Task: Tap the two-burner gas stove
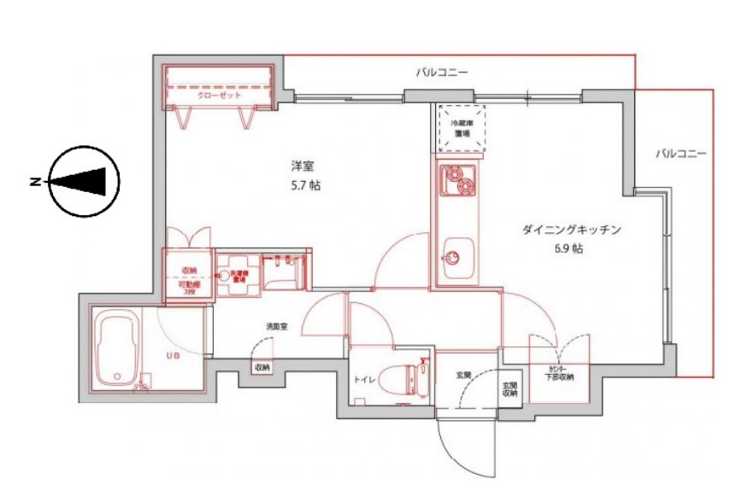tap(457, 181)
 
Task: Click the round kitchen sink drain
tap(454, 256)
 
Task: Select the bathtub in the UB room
tap(119, 349)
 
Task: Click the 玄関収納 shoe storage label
tap(509, 389)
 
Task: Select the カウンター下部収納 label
tap(560, 373)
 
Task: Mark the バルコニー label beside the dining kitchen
tap(680, 154)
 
